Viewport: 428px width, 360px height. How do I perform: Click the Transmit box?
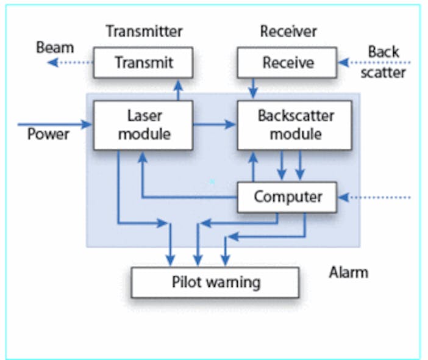pyautogui.click(x=143, y=62)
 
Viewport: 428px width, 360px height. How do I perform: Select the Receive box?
pyautogui.click(x=287, y=62)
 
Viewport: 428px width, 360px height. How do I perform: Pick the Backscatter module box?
pyautogui.click(x=294, y=124)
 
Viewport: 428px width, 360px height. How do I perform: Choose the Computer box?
pyautogui.click(x=287, y=197)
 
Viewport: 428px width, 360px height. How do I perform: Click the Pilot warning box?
pyautogui.click(x=215, y=283)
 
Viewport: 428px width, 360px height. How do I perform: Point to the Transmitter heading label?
pyautogui.click(x=144, y=31)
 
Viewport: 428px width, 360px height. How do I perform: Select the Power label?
pyautogui.click(x=49, y=134)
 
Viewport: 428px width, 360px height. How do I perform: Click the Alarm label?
pyautogui.click(x=349, y=272)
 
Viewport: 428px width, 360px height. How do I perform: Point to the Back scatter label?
pyautogui.click(x=385, y=62)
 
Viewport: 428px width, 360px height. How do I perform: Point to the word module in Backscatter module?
pyautogui.click(x=294, y=134)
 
